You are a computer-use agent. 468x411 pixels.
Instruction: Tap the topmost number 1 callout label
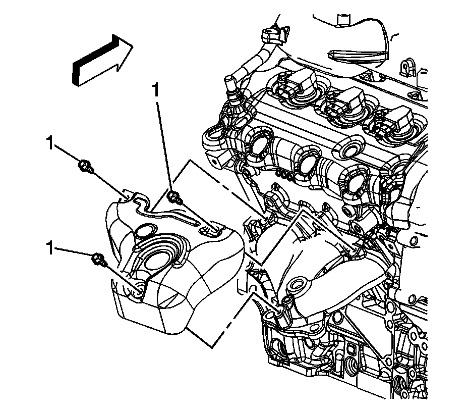click(x=157, y=90)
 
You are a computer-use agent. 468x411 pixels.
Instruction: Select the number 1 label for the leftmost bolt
click(x=50, y=142)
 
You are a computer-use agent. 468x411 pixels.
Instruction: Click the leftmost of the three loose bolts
click(x=85, y=166)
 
